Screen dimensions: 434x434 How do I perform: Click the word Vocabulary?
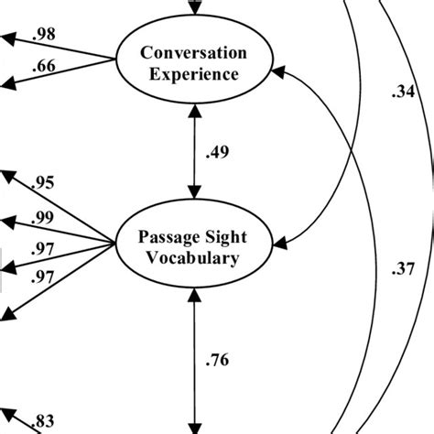193,258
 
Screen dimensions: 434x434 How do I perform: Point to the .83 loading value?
43,422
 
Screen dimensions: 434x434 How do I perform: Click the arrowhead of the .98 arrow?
5,39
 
